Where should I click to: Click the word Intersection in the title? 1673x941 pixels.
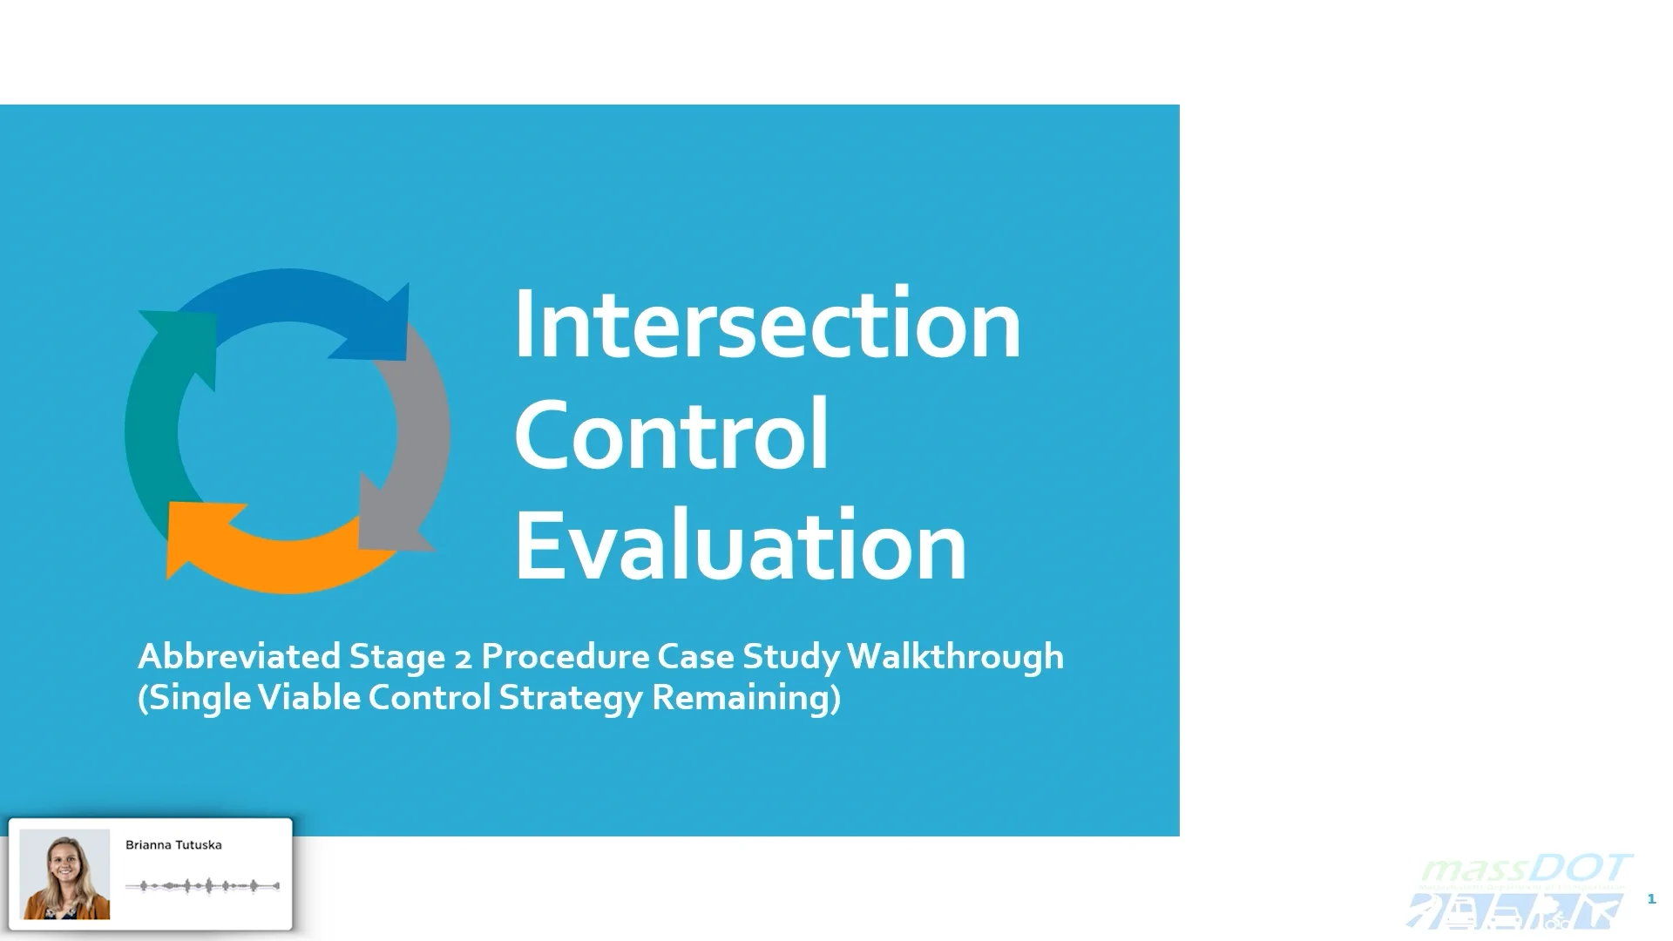(767, 324)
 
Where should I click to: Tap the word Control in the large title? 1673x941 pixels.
(671, 435)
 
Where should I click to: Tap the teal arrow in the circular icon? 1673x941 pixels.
(161, 410)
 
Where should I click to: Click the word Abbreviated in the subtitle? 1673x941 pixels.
(239, 656)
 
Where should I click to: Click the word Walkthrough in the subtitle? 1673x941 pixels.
(955, 656)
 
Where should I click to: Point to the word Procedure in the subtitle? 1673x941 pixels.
(564, 656)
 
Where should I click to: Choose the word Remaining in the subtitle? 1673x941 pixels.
(746, 698)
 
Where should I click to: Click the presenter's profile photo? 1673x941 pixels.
(64, 874)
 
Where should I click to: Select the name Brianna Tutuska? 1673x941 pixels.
(173, 845)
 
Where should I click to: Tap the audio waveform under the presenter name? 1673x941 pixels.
(202, 886)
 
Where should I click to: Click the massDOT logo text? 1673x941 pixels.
(1525, 870)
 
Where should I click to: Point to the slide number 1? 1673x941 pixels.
(1651, 898)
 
